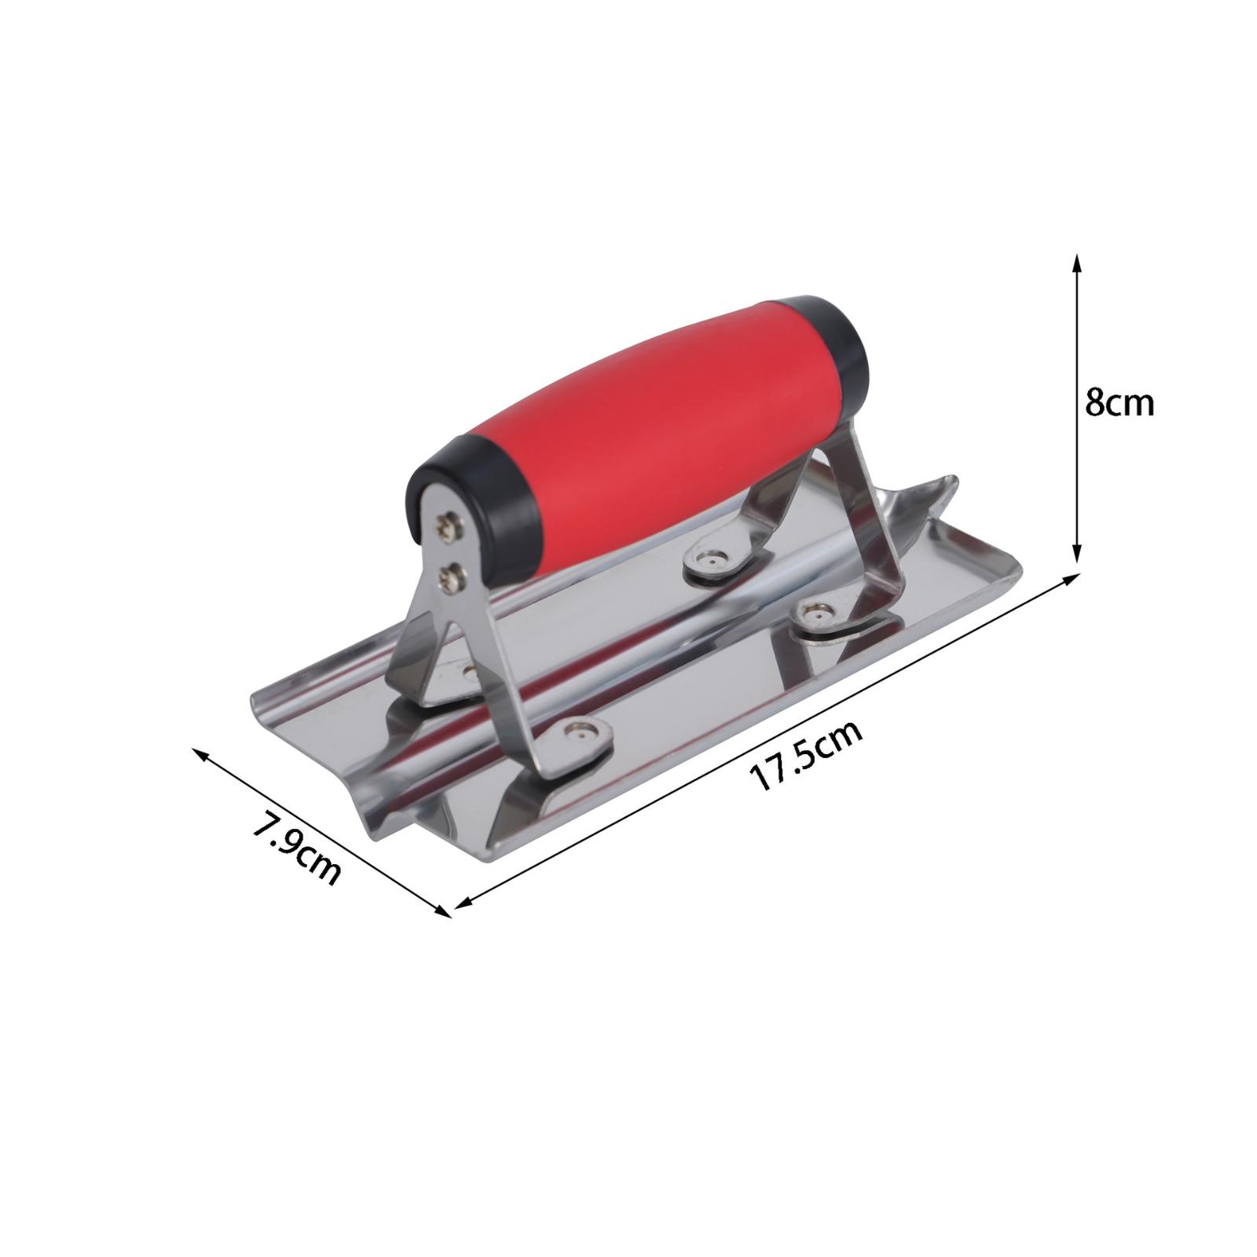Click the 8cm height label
point(1119,403)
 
